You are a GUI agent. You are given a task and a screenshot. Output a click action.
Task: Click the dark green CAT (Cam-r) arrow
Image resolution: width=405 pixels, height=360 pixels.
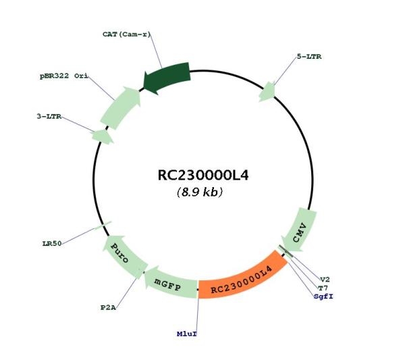pos(168,77)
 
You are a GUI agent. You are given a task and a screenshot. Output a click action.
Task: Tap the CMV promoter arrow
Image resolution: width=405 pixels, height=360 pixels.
pos(300,231)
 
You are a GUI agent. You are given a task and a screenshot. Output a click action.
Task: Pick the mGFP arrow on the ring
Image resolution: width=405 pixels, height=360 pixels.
pos(171,283)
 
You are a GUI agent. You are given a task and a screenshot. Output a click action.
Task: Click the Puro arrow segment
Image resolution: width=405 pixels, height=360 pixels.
pos(124,256)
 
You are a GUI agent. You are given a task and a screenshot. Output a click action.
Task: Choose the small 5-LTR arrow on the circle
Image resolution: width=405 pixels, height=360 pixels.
pos(267,92)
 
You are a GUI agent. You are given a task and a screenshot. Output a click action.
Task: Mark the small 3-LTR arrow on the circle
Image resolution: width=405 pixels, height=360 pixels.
pos(103,136)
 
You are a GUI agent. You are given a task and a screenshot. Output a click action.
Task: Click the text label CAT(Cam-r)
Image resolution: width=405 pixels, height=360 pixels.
pos(126,34)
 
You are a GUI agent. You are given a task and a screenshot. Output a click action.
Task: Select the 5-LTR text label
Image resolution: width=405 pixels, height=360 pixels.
pos(309,56)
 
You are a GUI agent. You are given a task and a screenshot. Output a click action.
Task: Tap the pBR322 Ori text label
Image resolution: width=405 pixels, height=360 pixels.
pos(64,76)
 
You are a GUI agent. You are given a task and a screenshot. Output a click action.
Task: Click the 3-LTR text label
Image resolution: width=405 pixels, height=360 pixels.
pos(49,116)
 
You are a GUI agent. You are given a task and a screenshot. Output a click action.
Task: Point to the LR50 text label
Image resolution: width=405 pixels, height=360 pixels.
pos(52,243)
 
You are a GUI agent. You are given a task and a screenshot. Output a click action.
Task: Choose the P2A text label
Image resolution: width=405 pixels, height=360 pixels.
pos(108,308)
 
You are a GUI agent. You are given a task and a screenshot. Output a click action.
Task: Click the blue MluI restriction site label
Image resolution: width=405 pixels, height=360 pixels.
pos(187,334)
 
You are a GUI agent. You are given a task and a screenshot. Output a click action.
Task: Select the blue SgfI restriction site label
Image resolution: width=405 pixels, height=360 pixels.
pos(323,297)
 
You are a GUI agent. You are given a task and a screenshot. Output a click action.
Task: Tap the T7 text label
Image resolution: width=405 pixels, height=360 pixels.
pos(323,288)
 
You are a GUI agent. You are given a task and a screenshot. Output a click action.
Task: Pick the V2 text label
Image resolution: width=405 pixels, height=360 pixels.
pos(325,280)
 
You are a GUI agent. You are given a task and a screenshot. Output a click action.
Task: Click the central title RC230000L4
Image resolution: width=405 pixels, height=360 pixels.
pos(203,176)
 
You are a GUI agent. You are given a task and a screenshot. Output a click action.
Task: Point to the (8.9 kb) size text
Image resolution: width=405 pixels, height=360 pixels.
pos(200,192)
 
